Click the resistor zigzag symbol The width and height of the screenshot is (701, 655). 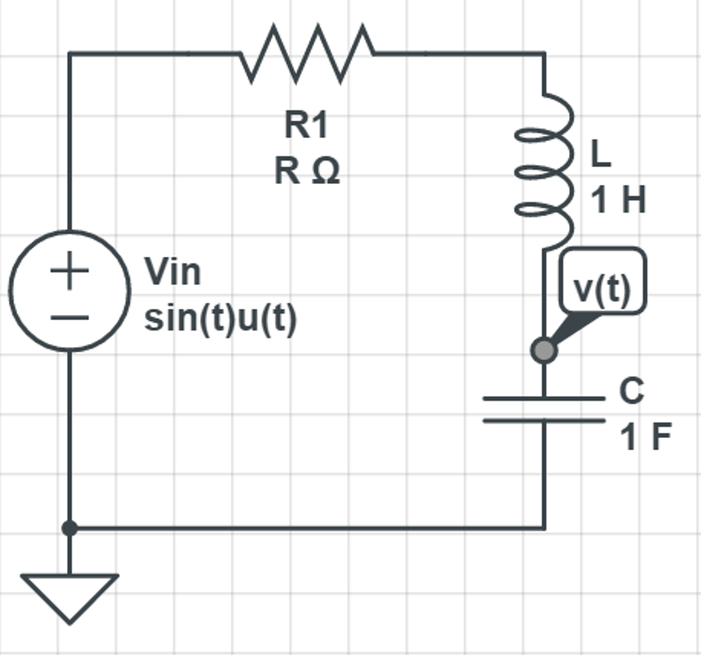coord(307,53)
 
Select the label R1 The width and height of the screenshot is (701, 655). coord(306,125)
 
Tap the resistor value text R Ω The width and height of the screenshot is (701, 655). coord(307,171)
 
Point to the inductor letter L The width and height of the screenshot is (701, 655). coord(600,155)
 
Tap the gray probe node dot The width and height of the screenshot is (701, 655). coord(544,350)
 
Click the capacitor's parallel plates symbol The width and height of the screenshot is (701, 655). coord(544,409)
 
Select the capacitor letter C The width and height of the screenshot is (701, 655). coord(631,391)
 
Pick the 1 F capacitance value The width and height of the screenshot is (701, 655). coord(645,437)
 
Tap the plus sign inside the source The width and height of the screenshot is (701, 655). coord(69,270)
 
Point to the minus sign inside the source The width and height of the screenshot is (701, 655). coord(69,318)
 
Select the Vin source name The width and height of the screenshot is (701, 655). coord(173,272)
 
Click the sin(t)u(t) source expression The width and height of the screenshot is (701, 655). coord(220,319)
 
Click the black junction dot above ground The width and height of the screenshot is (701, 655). coord(69,528)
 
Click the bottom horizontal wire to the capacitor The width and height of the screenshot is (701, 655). coord(308,528)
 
